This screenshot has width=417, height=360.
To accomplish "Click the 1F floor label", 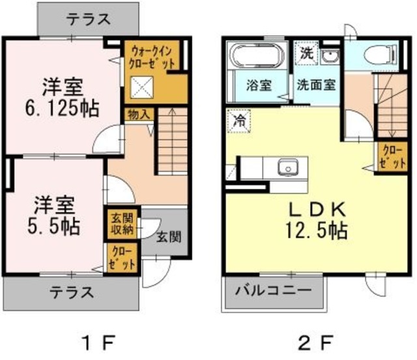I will pos(98,340).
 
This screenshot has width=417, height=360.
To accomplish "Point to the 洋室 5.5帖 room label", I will pos(53,215).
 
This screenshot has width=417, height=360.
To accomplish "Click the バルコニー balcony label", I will pos(275,289).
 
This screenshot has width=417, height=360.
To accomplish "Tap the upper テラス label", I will pos(88,19).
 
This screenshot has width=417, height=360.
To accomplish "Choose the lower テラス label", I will pos(70,290).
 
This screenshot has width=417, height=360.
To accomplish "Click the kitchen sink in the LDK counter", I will pos(287,168).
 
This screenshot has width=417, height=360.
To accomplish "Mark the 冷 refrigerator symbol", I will pos(239,120).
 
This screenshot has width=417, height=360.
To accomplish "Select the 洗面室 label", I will pos(316,84).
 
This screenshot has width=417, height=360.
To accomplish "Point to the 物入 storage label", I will pos(139,114).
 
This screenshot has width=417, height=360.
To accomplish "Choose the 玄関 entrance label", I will pos(168,236).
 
